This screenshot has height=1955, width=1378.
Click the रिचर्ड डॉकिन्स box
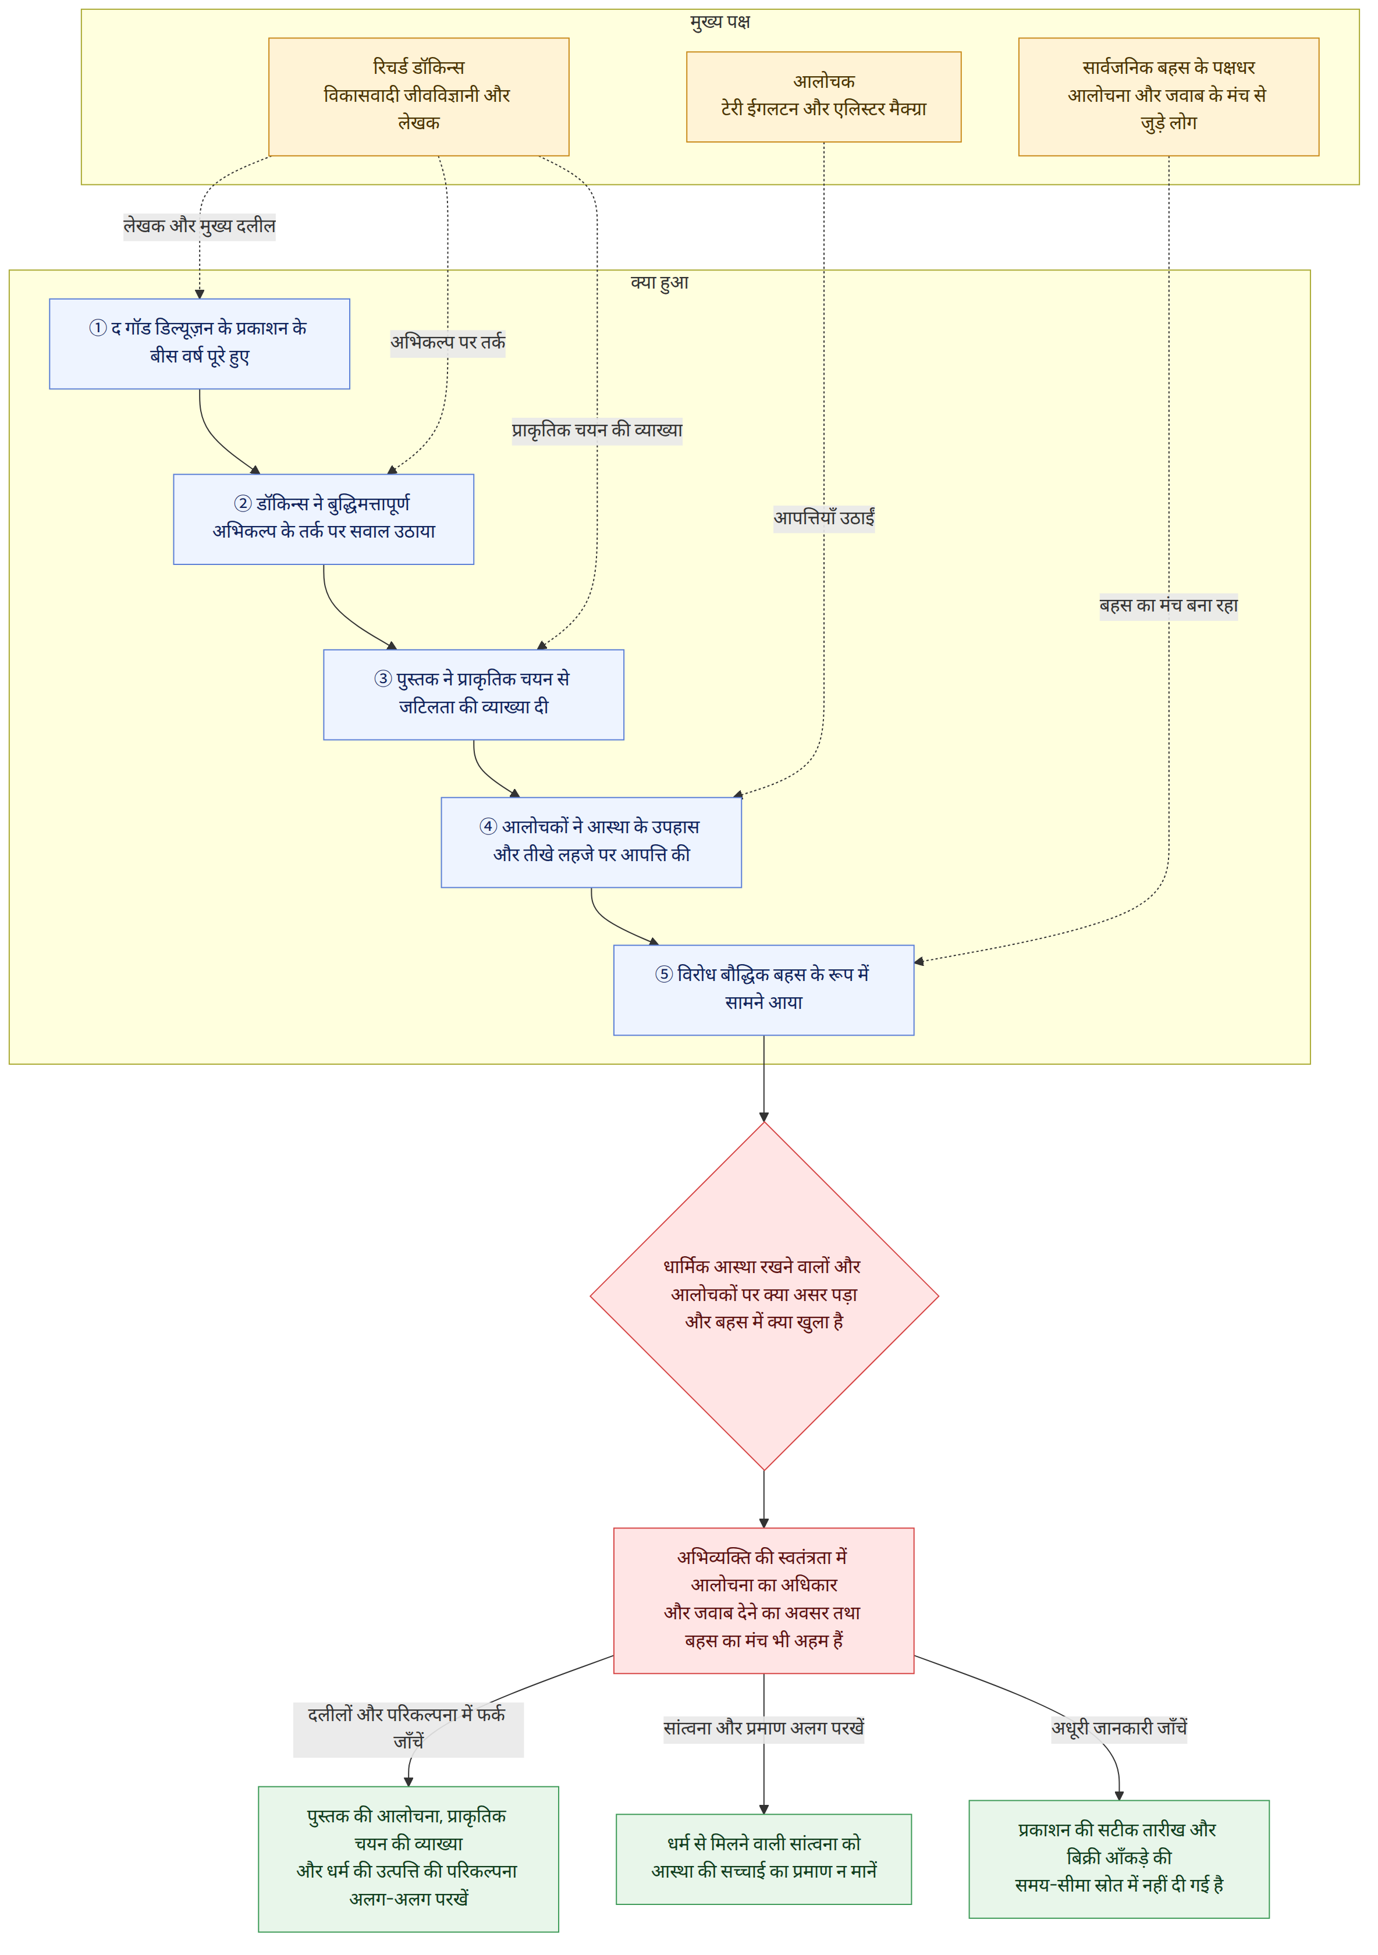tap(418, 96)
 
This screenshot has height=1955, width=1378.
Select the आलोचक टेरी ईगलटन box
tap(823, 96)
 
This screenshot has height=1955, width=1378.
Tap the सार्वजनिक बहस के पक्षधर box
tap(1169, 96)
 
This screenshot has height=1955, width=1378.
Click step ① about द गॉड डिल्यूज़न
tap(199, 343)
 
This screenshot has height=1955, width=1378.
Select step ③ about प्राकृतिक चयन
tap(474, 694)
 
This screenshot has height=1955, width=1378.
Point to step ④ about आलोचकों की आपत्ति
tap(591, 842)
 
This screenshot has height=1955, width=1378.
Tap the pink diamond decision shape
tap(764, 1295)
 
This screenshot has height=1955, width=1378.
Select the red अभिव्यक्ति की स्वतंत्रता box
tap(764, 1600)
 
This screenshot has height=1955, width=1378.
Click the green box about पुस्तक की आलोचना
tap(409, 1859)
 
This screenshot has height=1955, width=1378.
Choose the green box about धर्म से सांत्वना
tap(764, 1859)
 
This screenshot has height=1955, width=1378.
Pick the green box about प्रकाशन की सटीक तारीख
tap(1119, 1859)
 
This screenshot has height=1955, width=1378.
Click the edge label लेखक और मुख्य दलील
tap(199, 226)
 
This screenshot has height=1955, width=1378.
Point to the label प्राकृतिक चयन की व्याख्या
tap(597, 431)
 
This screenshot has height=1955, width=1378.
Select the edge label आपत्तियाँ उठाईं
tap(823, 518)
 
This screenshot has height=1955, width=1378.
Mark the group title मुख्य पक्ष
tap(720, 22)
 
